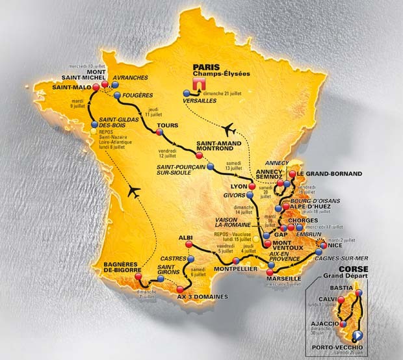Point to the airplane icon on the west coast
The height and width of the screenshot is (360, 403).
coord(134,190)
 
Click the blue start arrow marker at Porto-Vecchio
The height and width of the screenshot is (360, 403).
coord(357,336)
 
